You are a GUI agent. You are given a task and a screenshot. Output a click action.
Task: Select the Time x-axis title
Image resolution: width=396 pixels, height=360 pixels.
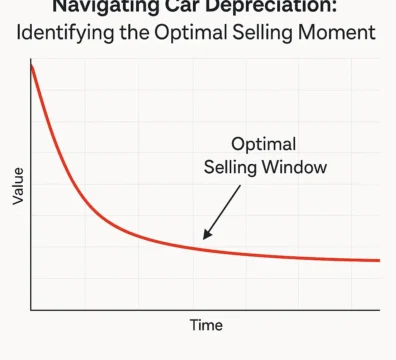[x=206, y=325]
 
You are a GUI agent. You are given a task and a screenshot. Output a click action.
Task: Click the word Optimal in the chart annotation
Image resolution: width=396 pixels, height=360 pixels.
[x=265, y=143]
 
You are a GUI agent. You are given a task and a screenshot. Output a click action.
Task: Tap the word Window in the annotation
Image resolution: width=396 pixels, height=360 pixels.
[x=297, y=167]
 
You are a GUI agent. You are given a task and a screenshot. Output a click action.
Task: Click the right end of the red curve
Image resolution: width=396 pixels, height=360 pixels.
[x=379, y=260]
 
